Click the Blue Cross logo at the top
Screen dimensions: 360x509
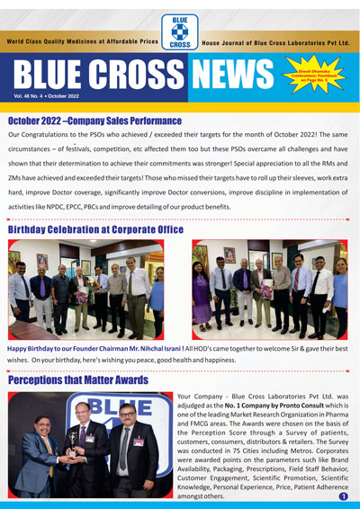[179, 29]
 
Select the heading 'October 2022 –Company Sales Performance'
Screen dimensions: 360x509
[94, 121]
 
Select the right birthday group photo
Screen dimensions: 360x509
[269, 289]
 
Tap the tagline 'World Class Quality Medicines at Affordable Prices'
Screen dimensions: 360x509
[82, 42]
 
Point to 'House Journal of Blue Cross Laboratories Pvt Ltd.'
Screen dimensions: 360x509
[276, 42]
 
